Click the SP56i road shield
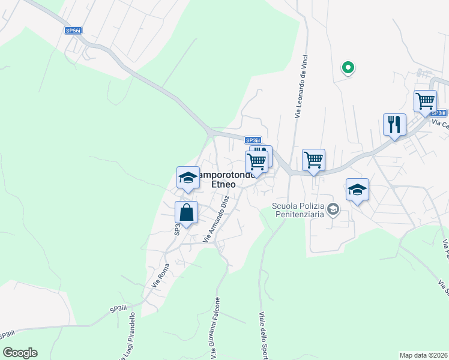coord(73,29)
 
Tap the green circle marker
coord(348,68)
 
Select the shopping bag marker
coord(186,212)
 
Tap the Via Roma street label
coord(160,275)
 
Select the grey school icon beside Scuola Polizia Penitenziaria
coord(334,209)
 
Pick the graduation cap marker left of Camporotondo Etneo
coord(188,178)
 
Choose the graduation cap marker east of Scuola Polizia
coord(357,190)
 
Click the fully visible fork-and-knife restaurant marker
coord(394,125)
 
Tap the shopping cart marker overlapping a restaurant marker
coord(256,161)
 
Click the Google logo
coord(20,353)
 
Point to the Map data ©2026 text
coord(424,355)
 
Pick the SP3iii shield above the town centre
coord(253,140)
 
